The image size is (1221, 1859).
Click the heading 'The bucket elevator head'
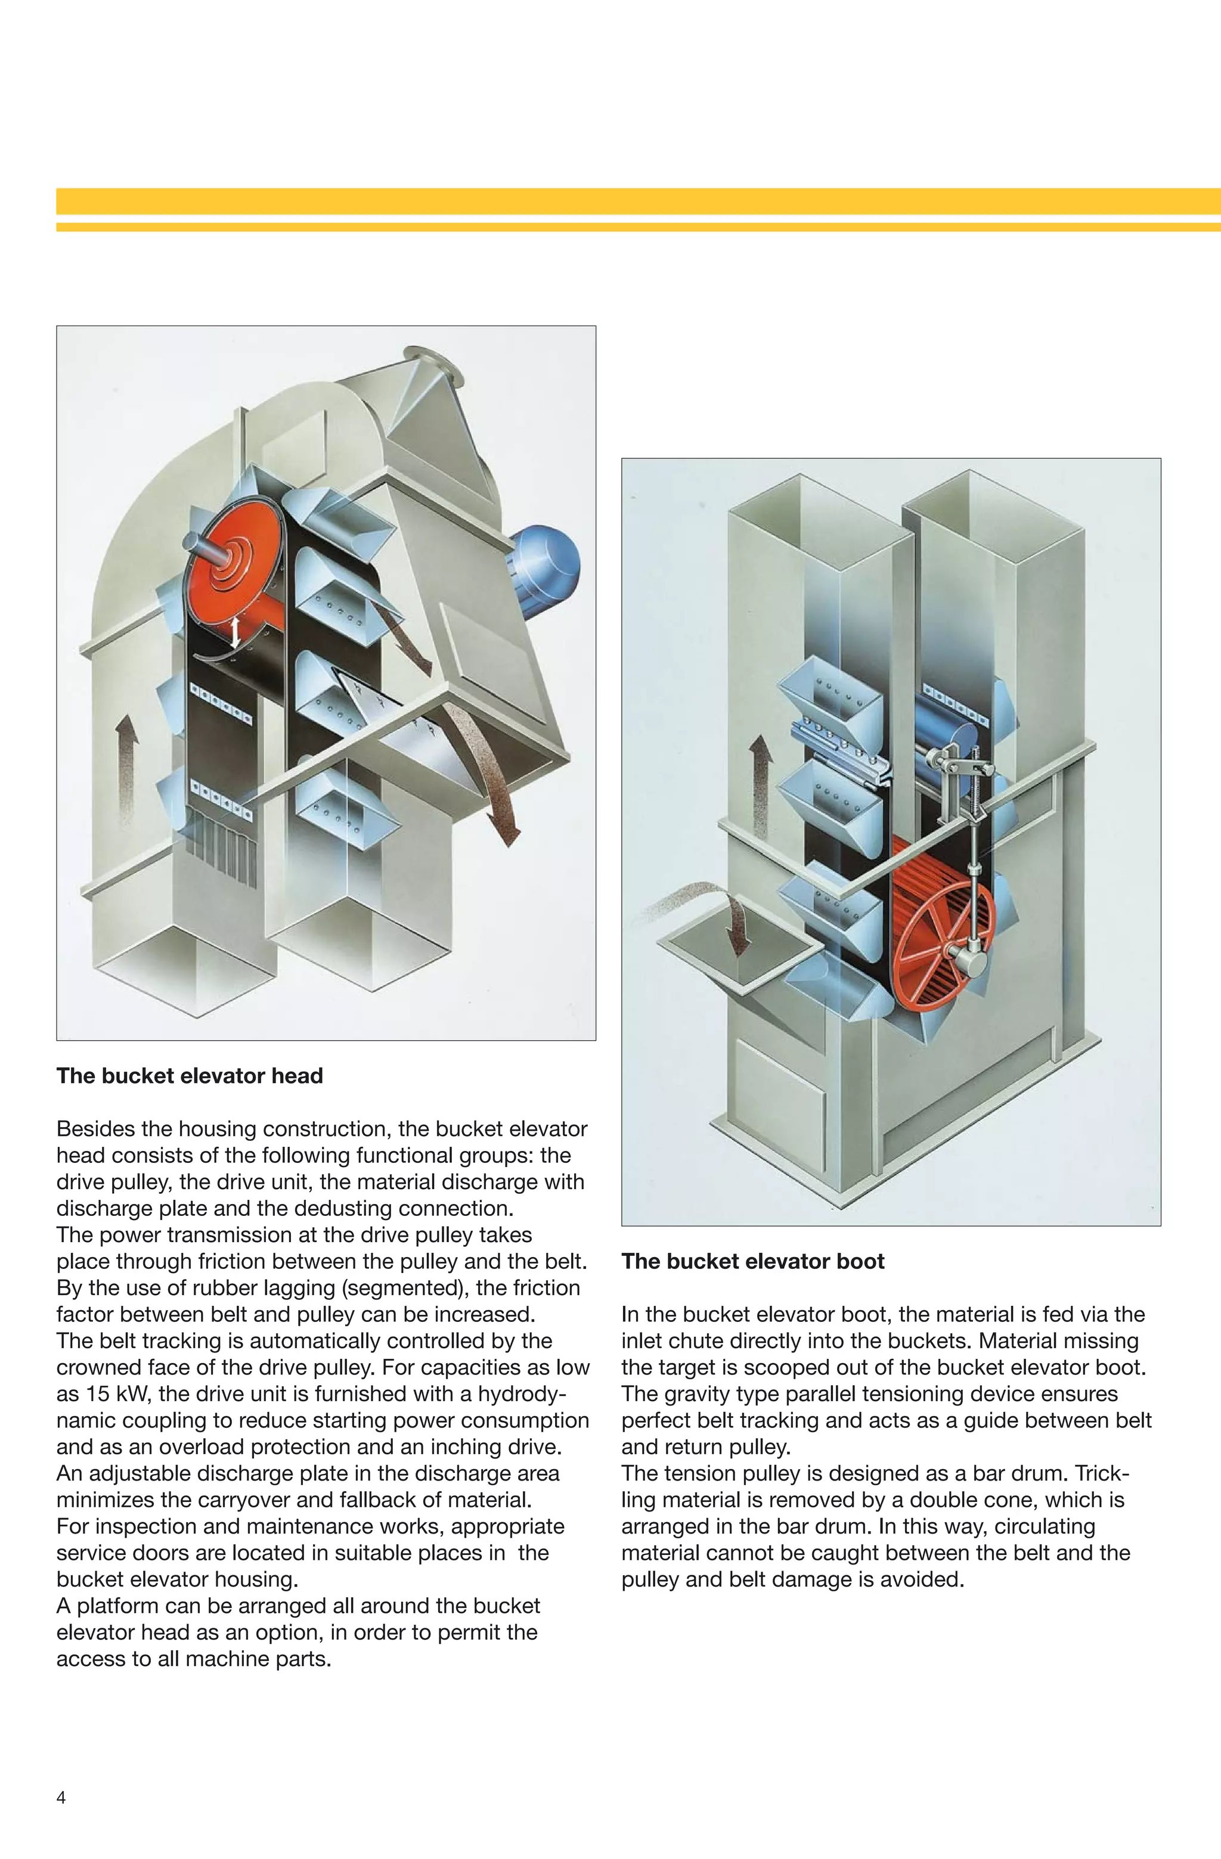(x=189, y=1076)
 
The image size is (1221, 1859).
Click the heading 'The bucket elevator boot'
(x=752, y=1261)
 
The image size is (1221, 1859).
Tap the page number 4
(x=61, y=1797)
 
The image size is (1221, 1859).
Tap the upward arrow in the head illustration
(x=126, y=769)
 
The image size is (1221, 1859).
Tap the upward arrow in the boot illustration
(x=760, y=785)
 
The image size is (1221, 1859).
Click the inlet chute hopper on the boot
(x=738, y=957)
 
